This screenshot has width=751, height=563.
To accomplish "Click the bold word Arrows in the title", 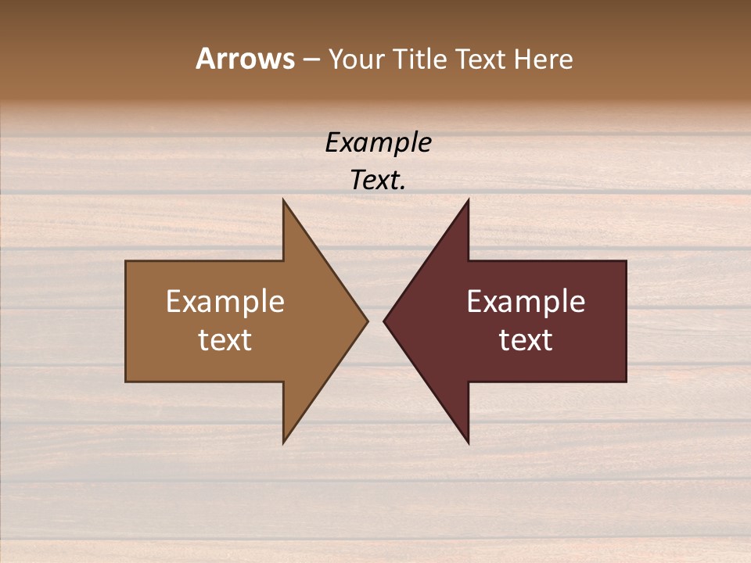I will pos(245,59).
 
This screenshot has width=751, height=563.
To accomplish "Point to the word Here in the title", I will pos(543,59).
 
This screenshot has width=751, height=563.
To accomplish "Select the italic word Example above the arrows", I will pos(378,143).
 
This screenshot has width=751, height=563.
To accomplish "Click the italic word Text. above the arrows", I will pos(378,181).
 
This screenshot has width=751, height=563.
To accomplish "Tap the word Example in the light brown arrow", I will pos(225,301).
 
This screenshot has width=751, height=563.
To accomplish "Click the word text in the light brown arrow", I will pos(225,339).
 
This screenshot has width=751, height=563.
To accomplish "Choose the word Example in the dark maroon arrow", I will pos(526,301).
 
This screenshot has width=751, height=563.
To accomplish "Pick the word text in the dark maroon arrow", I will pos(526,339).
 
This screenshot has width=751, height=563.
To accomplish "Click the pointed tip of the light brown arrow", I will pos(365,321).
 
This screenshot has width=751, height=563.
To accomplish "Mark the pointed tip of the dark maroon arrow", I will pos(386,321).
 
